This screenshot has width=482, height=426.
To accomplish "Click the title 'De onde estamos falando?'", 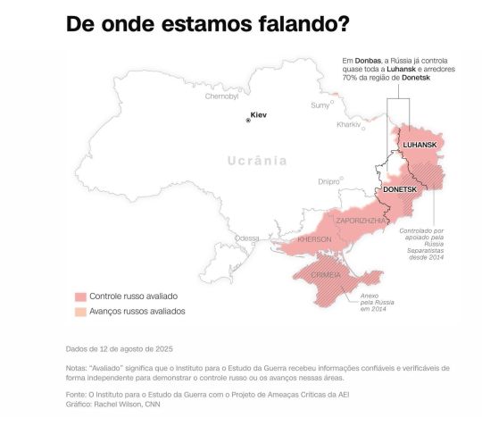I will click(x=207, y=25).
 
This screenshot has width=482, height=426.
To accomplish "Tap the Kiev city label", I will click(x=259, y=115).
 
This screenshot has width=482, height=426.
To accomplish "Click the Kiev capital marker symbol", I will click(x=248, y=119).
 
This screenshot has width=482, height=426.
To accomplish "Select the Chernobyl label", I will click(x=222, y=96).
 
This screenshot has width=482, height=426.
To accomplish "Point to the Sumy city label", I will click(x=319, y=105).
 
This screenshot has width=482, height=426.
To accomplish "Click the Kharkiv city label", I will click(x=348, y=125).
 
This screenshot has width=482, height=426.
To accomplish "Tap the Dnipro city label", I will click(x=328, y=181).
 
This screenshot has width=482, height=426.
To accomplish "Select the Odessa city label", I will click(x=246, y=238).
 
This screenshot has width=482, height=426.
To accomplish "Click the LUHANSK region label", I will click(x=420, y=145).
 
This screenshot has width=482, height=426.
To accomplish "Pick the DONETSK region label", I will click(x=399, y=190).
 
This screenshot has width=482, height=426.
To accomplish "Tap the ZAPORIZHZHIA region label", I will click(x=361, y=220).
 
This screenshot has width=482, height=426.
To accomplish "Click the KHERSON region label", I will click(x=314, y=239).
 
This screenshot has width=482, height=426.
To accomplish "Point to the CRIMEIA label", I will click(x=327, y=275).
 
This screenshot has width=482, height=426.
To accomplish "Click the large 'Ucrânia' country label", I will click(x=257, y=162).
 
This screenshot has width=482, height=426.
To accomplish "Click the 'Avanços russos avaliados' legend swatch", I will click(x=80, y=312).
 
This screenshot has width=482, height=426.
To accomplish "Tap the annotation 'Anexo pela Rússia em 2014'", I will click(x=374, y=302).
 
